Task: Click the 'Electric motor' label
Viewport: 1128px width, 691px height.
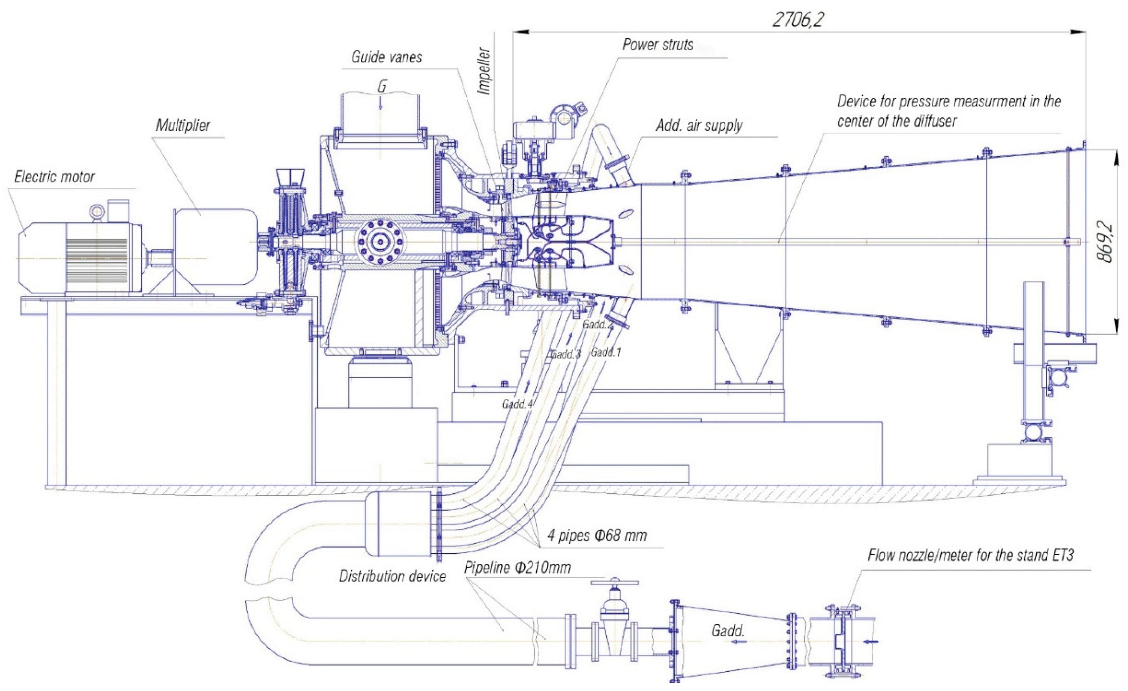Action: [54, 177]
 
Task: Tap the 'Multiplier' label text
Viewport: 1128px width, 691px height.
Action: [183, 125]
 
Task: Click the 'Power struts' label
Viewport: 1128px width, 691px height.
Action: [658, 45]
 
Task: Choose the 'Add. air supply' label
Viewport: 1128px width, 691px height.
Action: [699, 125]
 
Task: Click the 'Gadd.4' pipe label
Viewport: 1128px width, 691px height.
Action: [517, 404]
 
